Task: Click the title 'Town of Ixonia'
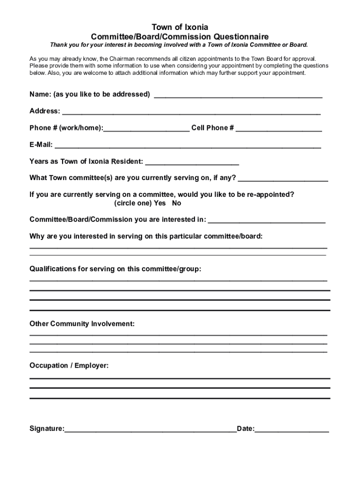(x=180, y=27)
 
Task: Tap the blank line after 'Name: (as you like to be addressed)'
(x=238, y=95)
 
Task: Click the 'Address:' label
(x=45, y=111)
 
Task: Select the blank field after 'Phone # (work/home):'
(x=146, y=129)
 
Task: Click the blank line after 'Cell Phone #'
(x=279, y=129)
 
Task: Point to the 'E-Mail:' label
(x=41, y=145)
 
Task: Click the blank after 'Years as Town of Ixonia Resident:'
(x=192, y=162)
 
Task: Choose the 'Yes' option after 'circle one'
(x=160, y=203)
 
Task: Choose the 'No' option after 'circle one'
(x=176, y=203)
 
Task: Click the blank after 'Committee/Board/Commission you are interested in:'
(x=266, y=220)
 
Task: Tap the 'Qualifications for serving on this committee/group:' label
(x=115, y=269)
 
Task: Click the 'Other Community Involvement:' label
(x=82, y=324)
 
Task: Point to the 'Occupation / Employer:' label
(x=69, y=365)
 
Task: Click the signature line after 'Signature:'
(x=151, y=429)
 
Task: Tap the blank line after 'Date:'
(x=292, y=429)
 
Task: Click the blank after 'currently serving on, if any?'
(x=283, y=179)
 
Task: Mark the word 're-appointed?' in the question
(x=271, y=195)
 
